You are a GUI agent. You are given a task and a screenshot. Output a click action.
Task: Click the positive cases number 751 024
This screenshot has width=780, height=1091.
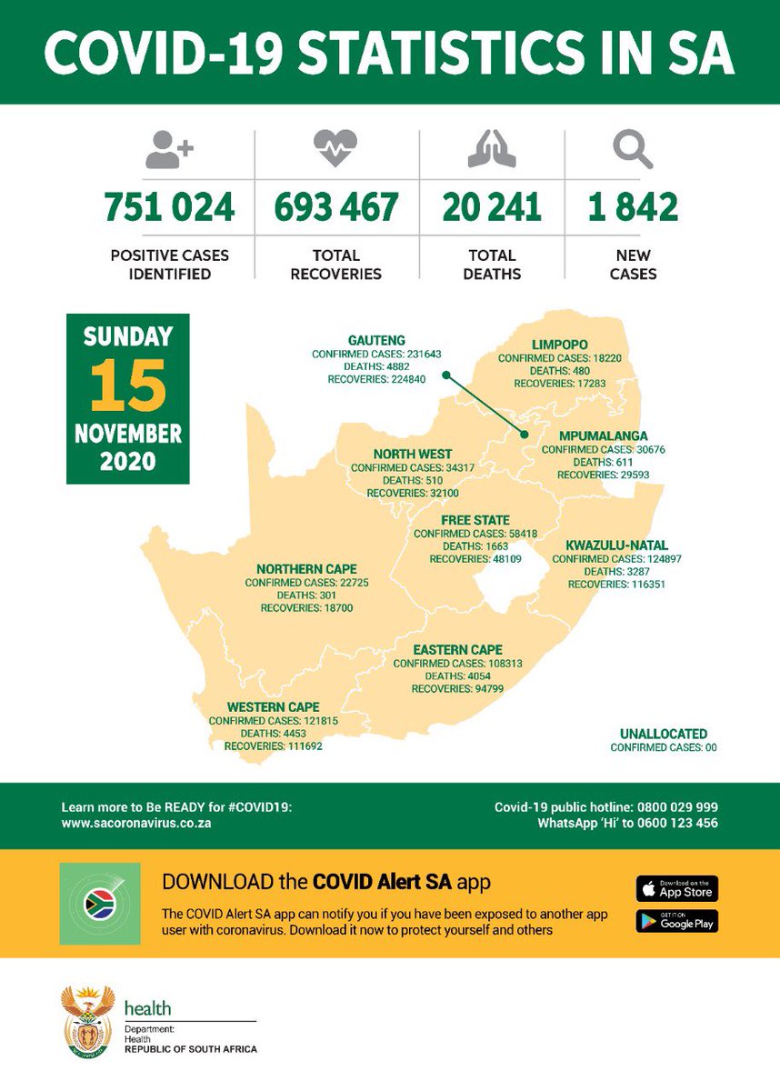click(169, 207)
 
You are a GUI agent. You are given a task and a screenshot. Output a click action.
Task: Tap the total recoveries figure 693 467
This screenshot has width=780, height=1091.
click(336, 207)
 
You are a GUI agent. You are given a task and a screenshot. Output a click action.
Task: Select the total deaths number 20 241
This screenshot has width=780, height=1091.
click(492, 207)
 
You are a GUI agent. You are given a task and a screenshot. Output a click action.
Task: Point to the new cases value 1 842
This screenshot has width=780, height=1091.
click(633, 207)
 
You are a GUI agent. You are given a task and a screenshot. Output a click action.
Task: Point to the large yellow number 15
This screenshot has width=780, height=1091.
click(127, 384)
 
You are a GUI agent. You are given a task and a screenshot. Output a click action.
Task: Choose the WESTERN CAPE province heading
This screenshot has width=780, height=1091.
click(274, 706)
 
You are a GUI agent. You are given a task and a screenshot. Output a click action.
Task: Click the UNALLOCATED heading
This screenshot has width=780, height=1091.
click(663, 734)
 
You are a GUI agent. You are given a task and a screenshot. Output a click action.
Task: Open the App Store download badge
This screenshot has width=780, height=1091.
click(676, 888)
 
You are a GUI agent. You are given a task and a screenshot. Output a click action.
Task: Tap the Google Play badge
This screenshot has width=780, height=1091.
click(676, 921)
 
